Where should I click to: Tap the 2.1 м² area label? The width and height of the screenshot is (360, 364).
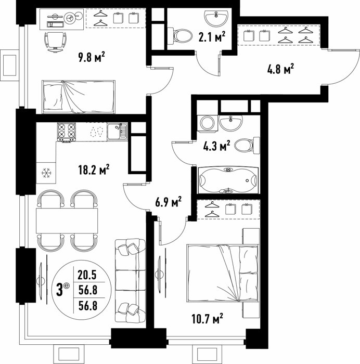coord(212,37)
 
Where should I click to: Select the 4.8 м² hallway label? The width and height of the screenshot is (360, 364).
coord(280,69)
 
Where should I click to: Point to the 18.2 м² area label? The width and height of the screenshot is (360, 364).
coord(94,170)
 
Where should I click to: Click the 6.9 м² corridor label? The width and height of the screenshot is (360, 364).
coord(169,202)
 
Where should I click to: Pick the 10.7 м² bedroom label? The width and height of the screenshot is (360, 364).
coord(208,319)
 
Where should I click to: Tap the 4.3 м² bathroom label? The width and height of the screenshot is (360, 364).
coord(217,146)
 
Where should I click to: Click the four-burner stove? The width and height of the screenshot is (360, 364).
coord(67,132)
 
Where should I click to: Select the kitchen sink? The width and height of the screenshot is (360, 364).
coord(117,132)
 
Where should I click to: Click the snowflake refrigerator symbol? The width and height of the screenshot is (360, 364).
coord(46,173)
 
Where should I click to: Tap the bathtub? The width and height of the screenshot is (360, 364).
coord(228,180)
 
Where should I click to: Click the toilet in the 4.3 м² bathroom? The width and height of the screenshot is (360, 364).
coord(247,146)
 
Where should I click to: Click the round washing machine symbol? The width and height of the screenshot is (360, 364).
coord(208,123)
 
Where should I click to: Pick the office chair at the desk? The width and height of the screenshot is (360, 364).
coord(55,42)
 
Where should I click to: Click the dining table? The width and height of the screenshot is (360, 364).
coord(67,220)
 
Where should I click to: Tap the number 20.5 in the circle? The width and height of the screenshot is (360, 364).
coord(87,275)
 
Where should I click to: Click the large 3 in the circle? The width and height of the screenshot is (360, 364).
coord(60,290)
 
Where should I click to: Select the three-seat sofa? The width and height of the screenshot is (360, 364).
coord(130,281)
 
